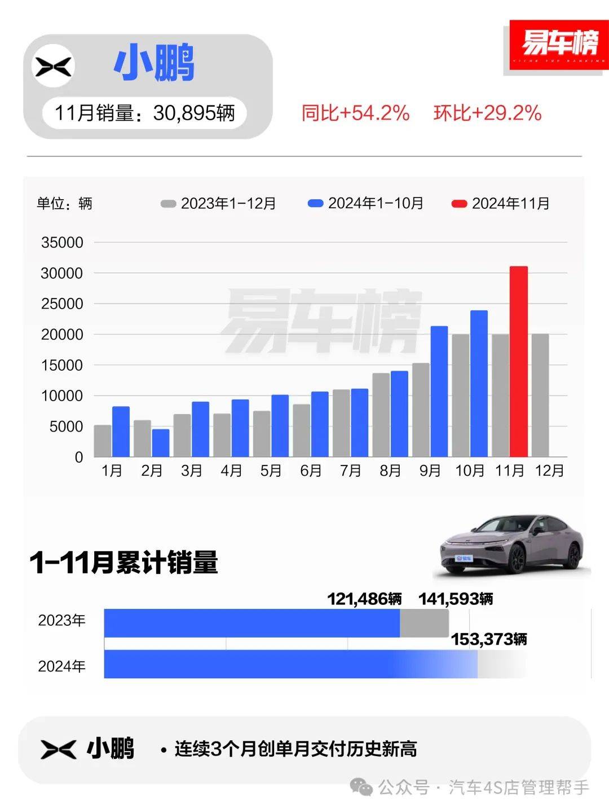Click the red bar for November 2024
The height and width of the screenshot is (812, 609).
pos(519,362)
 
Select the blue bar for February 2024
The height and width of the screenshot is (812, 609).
pos(161,443)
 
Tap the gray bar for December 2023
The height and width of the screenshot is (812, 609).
pos(540,395)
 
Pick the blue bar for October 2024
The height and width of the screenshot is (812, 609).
pos(479,384)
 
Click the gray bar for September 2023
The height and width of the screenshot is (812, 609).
pos(421,410)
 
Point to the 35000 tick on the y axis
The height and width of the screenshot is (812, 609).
pos(62,243)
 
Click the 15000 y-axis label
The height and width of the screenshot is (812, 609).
pos(62,366)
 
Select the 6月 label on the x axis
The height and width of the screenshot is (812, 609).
pos(311,471)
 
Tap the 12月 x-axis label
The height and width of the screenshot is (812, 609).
pos(549,471)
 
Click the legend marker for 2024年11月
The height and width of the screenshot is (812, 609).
pos(459,204)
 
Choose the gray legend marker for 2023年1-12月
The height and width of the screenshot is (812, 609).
pos(168,204)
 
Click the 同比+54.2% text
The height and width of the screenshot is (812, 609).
pos(355,113)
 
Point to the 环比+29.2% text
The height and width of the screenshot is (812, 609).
pos(487,113)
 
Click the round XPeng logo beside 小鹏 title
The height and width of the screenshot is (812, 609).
pos(54,67)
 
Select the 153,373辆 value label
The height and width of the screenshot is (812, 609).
pos(489,639)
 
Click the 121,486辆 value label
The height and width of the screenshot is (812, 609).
pos(365,599)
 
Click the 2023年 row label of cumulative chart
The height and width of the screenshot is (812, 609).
pos(62,621)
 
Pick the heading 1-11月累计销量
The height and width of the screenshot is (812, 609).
pos(124,563)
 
